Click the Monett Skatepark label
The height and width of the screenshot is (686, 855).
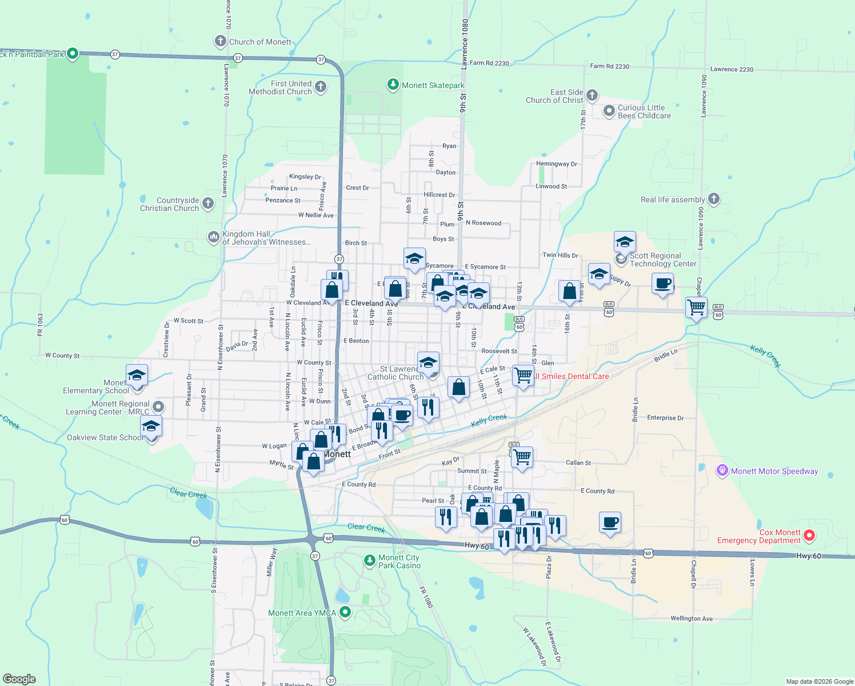tap(433, 86)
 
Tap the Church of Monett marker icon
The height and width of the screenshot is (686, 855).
tap(221, 41)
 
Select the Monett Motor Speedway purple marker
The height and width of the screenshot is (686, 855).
tap(722, 471)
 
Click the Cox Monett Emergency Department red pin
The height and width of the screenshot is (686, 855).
tap(809, 536)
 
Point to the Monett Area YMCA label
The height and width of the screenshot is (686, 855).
tap(302, 613)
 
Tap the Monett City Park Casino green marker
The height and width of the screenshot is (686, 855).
tap(370, 561)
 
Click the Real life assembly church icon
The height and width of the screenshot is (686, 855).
tap(713, 199)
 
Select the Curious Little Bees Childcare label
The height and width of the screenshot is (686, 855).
tap(644, 111)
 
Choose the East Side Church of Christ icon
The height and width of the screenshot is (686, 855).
tap(592, 95)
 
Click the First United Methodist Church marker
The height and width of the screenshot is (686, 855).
tap(321, 87)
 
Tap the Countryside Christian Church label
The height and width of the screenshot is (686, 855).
tap(170, 204)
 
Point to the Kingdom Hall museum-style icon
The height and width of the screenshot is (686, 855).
tap(213, 237)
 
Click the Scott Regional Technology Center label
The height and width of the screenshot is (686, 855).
tap(663, 260)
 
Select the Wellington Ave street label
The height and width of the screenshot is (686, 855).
tap(692, 619)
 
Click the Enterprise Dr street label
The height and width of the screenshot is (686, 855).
tap(665, 418)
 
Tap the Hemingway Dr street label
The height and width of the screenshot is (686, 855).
tap(556, 164)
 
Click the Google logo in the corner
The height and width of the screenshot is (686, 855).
tap(19, 679)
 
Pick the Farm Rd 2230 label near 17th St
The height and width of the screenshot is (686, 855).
tap(609, 66)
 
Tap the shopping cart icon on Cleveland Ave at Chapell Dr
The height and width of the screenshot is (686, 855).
tap(696, 308)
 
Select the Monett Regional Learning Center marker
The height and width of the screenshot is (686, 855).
tap(158, 407)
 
